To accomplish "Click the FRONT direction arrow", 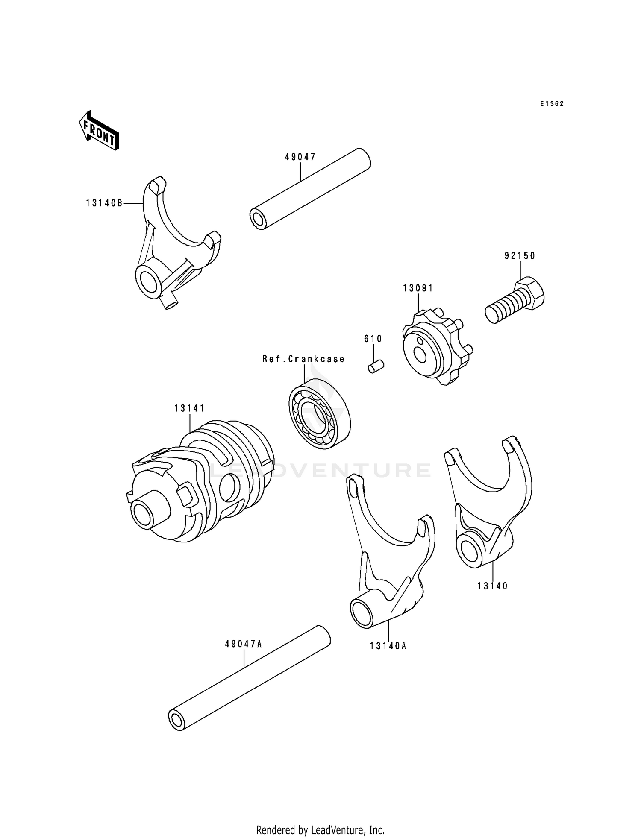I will pos(99,131).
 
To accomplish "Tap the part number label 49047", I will pos(300,157).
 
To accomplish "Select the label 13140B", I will pos(104,204).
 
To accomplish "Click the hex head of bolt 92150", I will pos(530,293).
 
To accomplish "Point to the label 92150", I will pos(520,256).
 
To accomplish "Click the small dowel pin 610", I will pos(376,366).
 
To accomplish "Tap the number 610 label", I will pos(373,339).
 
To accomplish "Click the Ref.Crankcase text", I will pos(303,359).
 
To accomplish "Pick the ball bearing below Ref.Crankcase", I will pos(319,413).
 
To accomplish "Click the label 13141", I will pos(189,409).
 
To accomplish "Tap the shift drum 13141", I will pos(201,483).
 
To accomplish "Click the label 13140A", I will pos(388,646).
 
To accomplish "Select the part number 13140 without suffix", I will pos(493,586).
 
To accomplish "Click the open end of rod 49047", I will pos(258,219).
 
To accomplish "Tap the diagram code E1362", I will pos(552,104).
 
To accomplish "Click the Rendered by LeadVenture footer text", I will pos(320,830).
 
